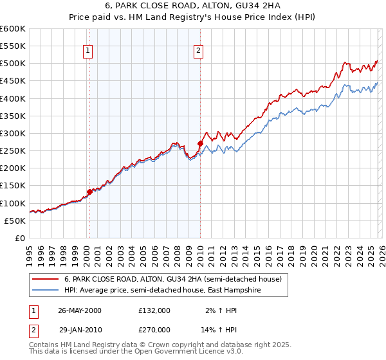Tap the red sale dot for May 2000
[89, 191]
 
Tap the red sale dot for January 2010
[200, 143]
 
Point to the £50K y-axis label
[15, 221]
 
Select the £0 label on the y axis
[21, 238]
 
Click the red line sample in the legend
[46, 280]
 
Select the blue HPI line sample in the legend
[46, 291]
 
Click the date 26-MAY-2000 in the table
[80, 310]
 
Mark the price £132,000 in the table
[154, 310]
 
